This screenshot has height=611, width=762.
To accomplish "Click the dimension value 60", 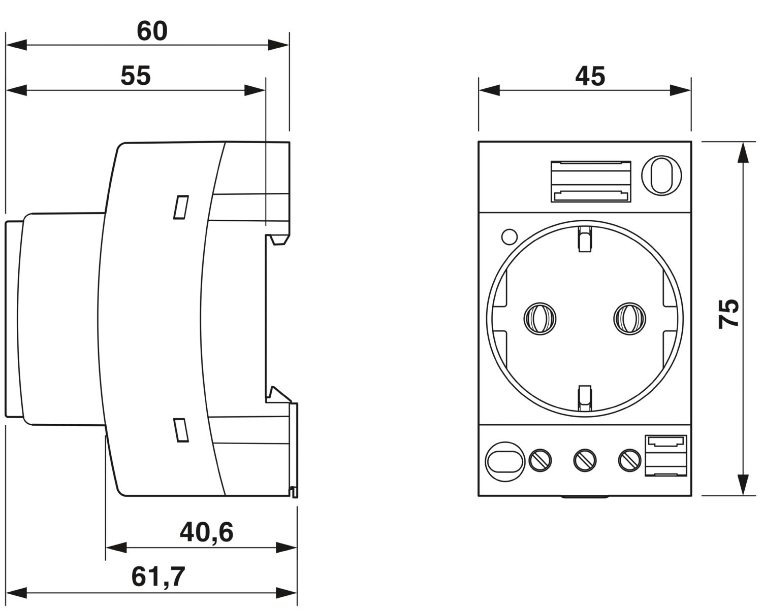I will pos(152,31).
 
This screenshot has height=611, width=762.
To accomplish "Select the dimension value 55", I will pos(136,76).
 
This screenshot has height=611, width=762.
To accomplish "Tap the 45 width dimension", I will pos(590,77).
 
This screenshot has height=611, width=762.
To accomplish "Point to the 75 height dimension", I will pos(729,314).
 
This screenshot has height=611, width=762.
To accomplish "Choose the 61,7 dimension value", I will pos(158,576).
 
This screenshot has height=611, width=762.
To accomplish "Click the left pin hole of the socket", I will pos(539,319).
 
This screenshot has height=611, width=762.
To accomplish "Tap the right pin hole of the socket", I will pos(629,319).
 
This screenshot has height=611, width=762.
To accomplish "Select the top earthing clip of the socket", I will pos(585,239).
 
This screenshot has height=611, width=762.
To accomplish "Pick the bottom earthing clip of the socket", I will pos(585,396).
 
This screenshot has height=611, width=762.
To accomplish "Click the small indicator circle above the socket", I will pos(509,236).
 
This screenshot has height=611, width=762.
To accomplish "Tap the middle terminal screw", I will pos(585,460).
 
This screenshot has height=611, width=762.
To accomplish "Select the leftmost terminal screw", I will pos(540,460).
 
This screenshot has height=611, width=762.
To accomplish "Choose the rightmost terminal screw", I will pos(629,460).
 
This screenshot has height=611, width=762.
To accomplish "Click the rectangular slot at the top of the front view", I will pos(591,181).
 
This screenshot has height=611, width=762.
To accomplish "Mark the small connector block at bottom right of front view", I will pos(665,455).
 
